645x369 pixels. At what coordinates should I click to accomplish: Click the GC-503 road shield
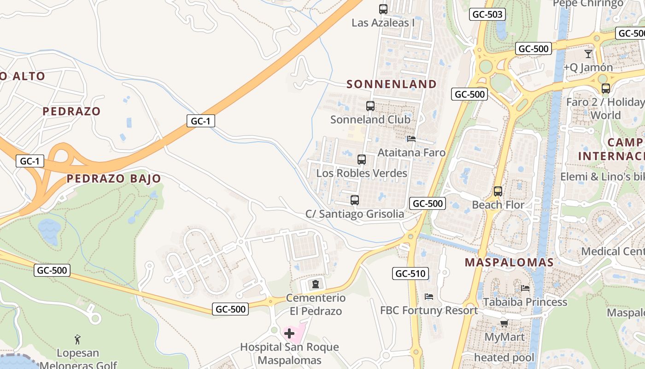[x=487, y=14]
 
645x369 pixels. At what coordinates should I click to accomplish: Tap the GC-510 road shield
[x=410, y=274]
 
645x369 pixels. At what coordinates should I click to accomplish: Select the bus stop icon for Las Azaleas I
[x=383, y=9]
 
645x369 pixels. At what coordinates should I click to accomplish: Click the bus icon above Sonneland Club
[x=370, y=106]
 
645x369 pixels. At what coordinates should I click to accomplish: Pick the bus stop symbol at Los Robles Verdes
[x=362, y=160]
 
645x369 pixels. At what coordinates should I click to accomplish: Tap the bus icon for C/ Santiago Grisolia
[x=354, y=200]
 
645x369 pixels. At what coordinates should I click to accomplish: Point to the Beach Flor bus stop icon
[x=498, y=191]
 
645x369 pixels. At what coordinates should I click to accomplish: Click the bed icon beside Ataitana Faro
[x=411, y=138]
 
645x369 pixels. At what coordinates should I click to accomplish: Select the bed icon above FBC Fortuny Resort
[x=429, y=296]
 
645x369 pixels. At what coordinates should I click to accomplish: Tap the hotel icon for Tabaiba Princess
[x=525, y=288]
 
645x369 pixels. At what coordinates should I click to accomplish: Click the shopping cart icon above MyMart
[x=504, y=324]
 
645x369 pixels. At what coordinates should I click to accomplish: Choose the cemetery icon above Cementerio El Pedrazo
[x=316, y=284]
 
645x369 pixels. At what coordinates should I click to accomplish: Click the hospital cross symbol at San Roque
[x=289, y=333]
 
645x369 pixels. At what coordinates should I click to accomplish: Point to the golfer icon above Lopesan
[x=77, y=339]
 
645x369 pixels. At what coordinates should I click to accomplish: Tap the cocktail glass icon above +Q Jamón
[x=588, y=54]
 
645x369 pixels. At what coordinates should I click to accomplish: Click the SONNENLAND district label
[x=392, y=84]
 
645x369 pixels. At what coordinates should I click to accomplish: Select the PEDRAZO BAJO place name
[x=114, y=179]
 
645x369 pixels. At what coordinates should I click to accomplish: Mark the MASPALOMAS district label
[x=509, y=262]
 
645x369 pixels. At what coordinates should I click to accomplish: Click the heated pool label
[x=504, y=357]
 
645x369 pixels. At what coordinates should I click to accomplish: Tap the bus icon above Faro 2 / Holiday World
[x=606, y=89]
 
